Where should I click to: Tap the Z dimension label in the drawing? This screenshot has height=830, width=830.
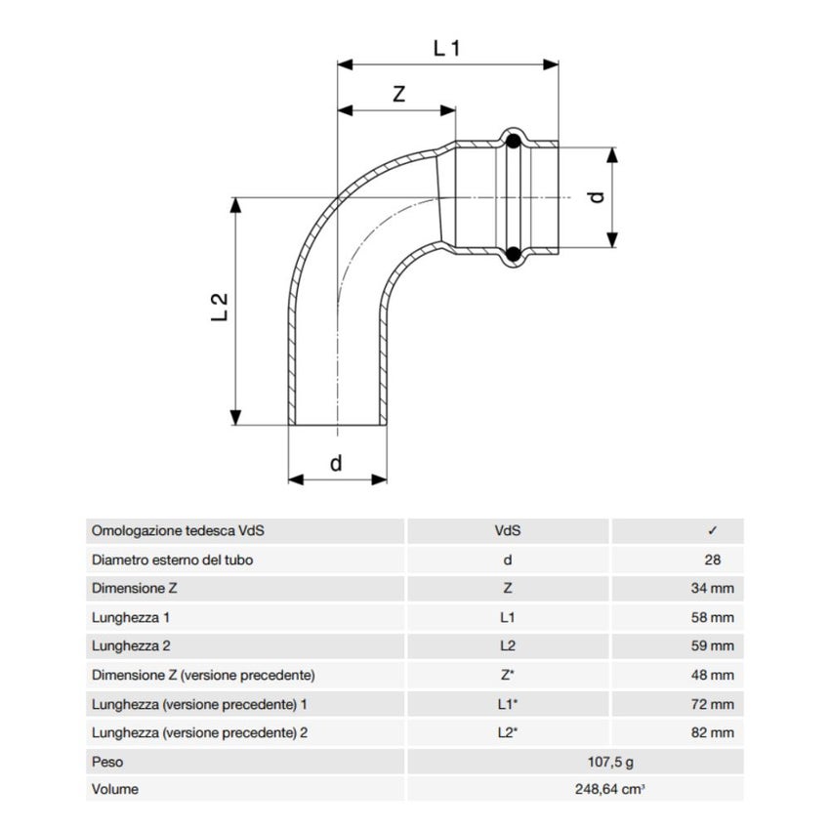pos(398,94)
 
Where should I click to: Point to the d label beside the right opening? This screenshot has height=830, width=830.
pos(598,195)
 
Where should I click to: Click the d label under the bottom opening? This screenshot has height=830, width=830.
pos(336,463)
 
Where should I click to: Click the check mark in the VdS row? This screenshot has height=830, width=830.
pos(713,531)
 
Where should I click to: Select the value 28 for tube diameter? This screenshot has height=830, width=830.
pos(712,560)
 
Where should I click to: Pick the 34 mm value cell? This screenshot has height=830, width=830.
pos(713,589)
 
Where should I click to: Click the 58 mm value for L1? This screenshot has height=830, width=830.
pos(713,617)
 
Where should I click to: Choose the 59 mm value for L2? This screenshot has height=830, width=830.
pos(713,645)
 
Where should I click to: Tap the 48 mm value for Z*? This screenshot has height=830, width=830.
pos(713,675)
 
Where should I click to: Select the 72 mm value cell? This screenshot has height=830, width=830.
pos(713,703)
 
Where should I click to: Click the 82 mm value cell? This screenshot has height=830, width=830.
pos(713,731)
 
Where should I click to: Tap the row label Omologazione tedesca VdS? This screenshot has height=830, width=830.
pos(179,531)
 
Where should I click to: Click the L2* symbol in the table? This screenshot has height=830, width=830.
pos(507,731)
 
